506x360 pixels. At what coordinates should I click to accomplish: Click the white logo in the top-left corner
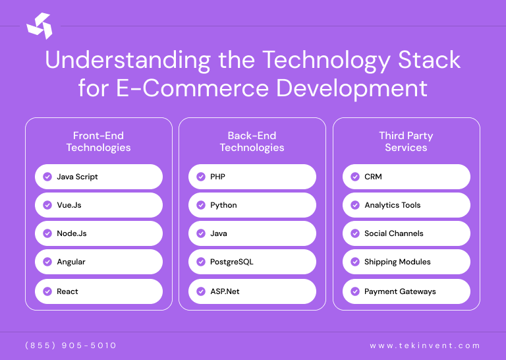[39, 26]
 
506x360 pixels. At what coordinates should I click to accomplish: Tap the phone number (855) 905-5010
[70, 345]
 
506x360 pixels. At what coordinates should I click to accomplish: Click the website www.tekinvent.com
[425, 345]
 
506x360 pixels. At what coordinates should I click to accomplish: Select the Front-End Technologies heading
[98, 142]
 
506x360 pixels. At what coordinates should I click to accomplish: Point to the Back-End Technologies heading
[252, 142]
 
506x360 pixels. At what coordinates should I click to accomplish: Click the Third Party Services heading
[406, 142]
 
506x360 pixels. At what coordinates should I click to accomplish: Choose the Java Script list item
[98, 177]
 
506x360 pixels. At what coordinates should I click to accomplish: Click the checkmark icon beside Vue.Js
[47, 205]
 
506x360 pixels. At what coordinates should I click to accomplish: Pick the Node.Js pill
[98, 233]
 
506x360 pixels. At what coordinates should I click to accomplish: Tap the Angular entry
[98, 262]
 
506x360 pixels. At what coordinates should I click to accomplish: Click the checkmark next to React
[47, 291]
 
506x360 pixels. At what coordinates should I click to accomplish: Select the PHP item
[252, 177]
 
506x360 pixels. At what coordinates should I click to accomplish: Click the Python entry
[252, 205]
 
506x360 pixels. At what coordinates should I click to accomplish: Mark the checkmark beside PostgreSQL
[201, 262]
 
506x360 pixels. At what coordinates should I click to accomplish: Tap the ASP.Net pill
[252, 291]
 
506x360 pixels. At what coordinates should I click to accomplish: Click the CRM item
[406, 177]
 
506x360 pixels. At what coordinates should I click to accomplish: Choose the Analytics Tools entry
[406, 205]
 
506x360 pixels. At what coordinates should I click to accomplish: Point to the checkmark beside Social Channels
[355, 233]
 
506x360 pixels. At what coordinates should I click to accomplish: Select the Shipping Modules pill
[406, 262]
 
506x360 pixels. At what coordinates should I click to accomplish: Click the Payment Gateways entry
[406, 291]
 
